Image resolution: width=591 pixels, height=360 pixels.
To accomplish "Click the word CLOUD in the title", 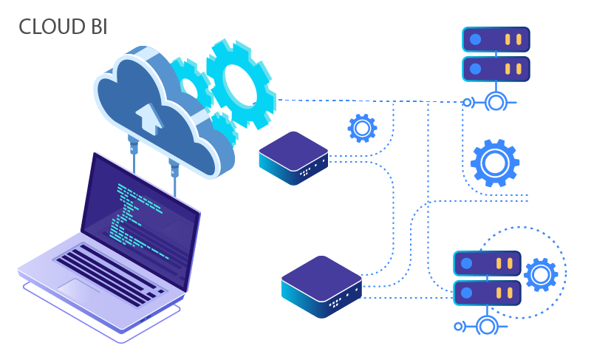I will point(52,27).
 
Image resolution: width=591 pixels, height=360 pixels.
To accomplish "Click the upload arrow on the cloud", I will point(149,118).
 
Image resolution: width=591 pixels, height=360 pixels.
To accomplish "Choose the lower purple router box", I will point(321,285).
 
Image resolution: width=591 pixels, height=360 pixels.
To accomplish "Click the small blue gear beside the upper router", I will point(362,129).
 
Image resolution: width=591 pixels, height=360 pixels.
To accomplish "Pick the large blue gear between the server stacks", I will point(494,162).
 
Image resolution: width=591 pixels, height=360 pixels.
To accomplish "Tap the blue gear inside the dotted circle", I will point(541,275).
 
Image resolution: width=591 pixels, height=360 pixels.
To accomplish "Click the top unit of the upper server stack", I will point(496,39).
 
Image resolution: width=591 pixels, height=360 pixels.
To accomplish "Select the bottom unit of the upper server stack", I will point(496,69).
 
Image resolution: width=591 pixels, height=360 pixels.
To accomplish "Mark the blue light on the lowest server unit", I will point(466,293).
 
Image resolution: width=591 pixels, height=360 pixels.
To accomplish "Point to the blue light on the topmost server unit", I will point(475,39).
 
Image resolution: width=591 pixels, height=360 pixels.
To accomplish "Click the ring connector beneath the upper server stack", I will point(495,102).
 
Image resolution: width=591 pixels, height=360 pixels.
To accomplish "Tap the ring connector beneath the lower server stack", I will point(485,325).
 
